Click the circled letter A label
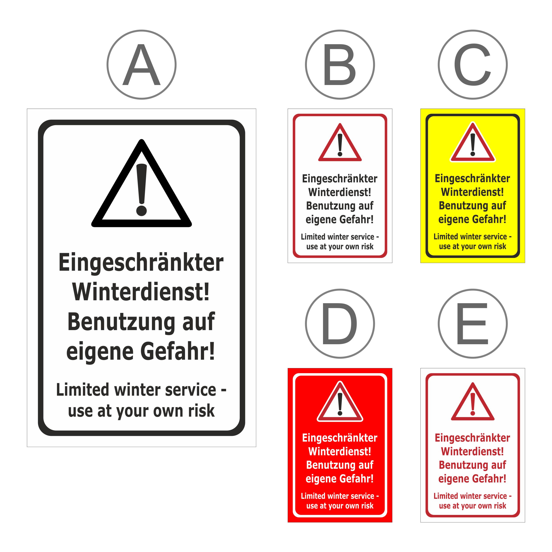(x=142, y=64)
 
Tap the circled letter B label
(x=340, y=64)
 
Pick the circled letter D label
(x=340, y=323)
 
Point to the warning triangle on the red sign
(x=340, y=418)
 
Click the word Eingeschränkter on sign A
(x=141, y=263)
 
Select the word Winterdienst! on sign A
(x=141, y=292)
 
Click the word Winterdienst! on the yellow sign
(x=472, y=192)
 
